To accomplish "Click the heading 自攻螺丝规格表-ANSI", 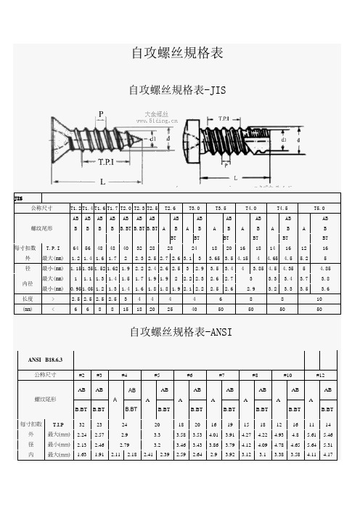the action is tap(177, 333).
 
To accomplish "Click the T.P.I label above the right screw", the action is tap(225, 118).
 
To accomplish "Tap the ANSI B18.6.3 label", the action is tap(46, 358).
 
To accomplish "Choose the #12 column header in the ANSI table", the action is tap(321, 375).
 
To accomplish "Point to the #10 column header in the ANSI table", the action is tap(289, 375).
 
